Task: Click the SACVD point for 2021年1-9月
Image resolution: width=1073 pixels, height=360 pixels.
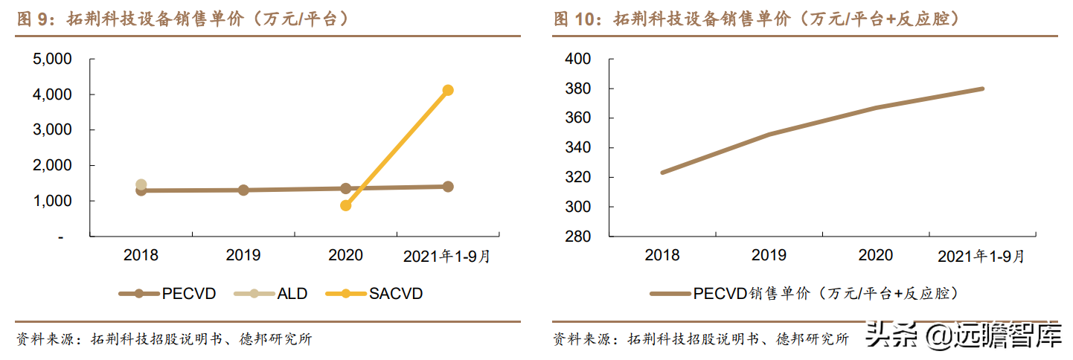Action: point(448,90)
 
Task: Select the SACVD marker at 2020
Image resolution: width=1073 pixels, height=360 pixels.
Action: point(346,205)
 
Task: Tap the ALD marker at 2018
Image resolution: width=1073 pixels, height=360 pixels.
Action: point(141,184)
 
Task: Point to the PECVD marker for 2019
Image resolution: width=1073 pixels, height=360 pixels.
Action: point(243,190)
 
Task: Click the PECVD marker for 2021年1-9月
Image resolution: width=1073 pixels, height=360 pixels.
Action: point(448,187)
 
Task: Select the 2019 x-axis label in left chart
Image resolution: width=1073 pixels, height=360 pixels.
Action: point(243,256)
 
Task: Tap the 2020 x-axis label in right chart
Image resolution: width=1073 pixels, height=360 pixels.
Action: point(875,256)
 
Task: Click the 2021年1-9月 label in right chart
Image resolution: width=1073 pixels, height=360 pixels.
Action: point(981,257)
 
